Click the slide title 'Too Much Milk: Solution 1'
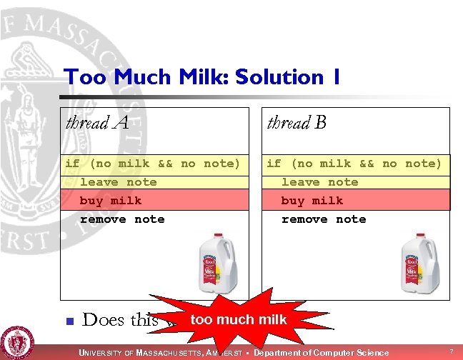coord(202,77)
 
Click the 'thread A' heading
coord(97,123)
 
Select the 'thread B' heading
coord(297,123)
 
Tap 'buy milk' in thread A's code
coord(111,201)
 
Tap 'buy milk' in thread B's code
coord(312,201)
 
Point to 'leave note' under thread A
coord(118,182)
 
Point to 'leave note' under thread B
coord(319,182)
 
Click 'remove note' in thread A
coord(122,219)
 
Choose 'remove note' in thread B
coord(324,219)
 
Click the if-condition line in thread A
coord(153,164)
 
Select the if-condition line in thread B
coord(354,164)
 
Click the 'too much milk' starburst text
coord(239,320)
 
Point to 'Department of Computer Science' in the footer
coord(322,352)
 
